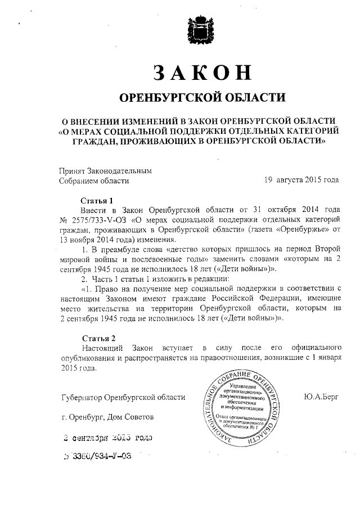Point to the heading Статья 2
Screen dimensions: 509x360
click(97, 339)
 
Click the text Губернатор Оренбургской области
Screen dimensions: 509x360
click(123, 398)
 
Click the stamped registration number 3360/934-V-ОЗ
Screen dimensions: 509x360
click(101, 456)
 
